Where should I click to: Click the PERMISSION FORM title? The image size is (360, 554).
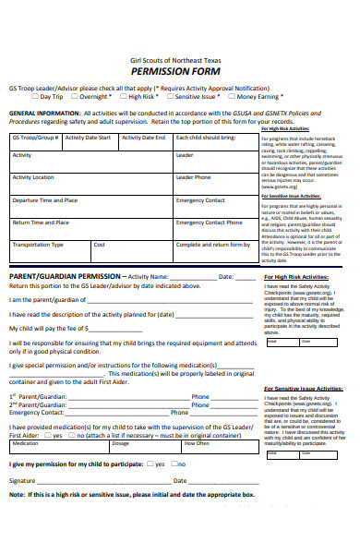(x=179, y=70)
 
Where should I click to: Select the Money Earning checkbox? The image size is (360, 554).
(x=232, y=96)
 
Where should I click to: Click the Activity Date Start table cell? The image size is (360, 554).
(x=92, y=138)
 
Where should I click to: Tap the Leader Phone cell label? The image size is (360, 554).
(x=193, y=177)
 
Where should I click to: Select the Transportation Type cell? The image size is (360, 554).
(x=38, y=245)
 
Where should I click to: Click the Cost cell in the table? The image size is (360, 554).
(x=100, y=245)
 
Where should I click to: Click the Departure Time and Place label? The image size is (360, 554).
(x=44, y=199)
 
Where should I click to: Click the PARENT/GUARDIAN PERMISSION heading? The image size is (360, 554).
(x=65, y=276)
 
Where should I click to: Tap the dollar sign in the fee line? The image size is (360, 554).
(x=86, y=328)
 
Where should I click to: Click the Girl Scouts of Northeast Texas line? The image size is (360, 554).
(x=179, y=58)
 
